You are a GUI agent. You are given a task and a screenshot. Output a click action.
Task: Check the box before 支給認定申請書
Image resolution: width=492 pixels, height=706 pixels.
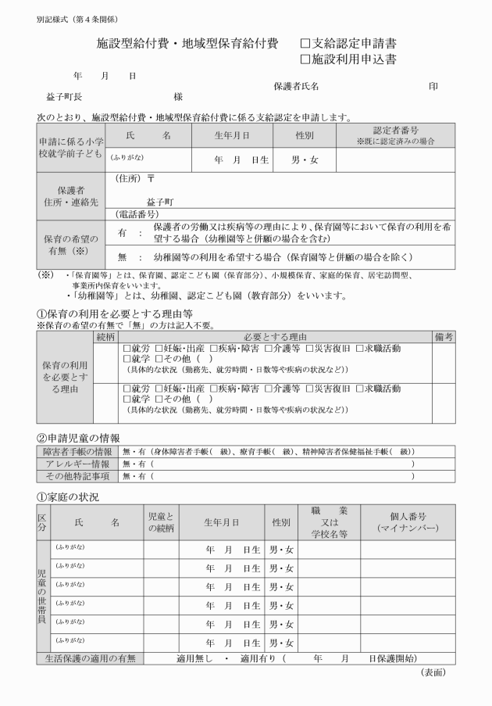click(305, 44)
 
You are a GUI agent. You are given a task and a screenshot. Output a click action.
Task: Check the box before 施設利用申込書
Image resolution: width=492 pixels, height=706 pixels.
click(305, 59)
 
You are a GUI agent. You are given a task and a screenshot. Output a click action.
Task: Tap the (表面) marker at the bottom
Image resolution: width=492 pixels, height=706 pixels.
click(433, 672)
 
